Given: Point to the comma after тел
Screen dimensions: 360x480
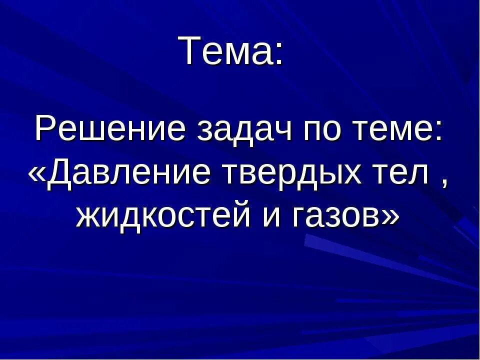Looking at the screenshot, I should (443, 184).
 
